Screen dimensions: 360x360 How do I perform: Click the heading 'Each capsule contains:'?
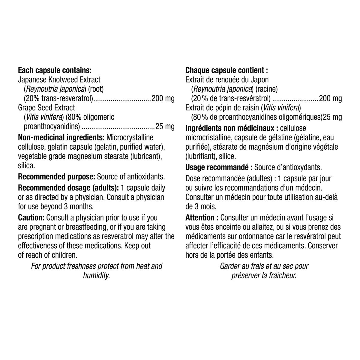pyautogui.click(x=55, y=71)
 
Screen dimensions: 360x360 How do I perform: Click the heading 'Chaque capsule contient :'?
pyautogui.click(x=226, y=71)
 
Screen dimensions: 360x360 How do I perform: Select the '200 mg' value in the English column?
pyautogui.click(x=163, y=98)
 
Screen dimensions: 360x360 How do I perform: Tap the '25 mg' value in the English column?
pyautogui.click(x=165, y=127)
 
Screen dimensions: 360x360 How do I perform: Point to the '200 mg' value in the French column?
pyautogui.click(x=330, y=98)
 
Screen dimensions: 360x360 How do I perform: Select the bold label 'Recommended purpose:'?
pyautogui.click(x=57, y=176)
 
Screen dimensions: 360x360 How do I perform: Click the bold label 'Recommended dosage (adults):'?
pyautogui.click(x=68, y=188)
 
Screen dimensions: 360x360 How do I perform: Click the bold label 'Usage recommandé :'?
pyautogui.click(x=219, y=167)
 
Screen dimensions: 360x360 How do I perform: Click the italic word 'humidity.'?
pyautogui.click(x=97, y=275)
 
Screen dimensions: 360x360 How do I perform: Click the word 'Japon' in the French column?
pyautogui.click(x=260, y=80)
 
